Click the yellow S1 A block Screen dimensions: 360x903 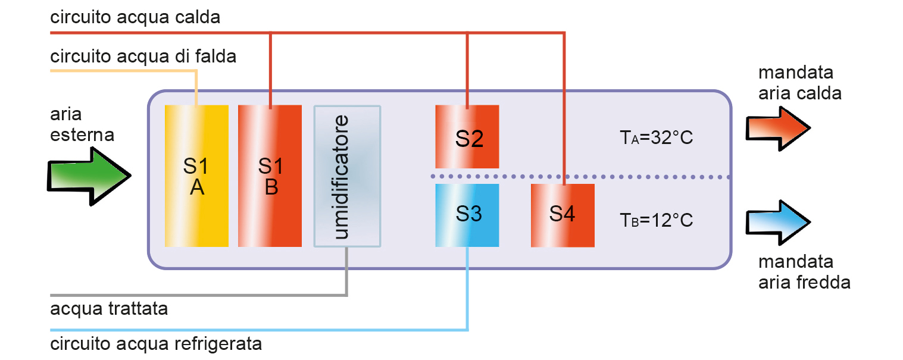pyautogui.click(x=196, y=176)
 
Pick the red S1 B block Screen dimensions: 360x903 pyautogui.click(x=270, y=176)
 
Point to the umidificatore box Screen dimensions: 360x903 pyautogui.click(x=347, y=176)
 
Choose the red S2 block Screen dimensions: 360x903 pyautogui.click(x=467, y=137)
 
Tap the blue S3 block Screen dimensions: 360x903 pyautogui.click(x=467, y=215)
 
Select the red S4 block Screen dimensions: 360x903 pyautogui.click(x=563, y=215)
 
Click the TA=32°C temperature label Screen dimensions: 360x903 pyautogui.click(x=657, y=138)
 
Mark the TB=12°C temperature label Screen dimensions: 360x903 pyautogui.click(x=657, y=220)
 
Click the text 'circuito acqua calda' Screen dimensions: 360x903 pyautogui.click(x=136, y=17)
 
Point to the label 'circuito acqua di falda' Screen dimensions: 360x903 pyautogui.click(x=143, y=57)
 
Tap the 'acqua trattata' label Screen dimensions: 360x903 pyautogui.click(x=109, y=309)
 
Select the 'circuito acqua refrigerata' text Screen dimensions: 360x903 pyautogui.click(x=156, y=344)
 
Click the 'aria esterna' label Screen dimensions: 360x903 pyautogui.click(x=82, y=124)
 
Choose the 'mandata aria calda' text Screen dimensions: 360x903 pyautogui.click(x=799, y=83)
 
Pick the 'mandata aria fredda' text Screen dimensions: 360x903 pyautogui.click(x=804, y=272)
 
